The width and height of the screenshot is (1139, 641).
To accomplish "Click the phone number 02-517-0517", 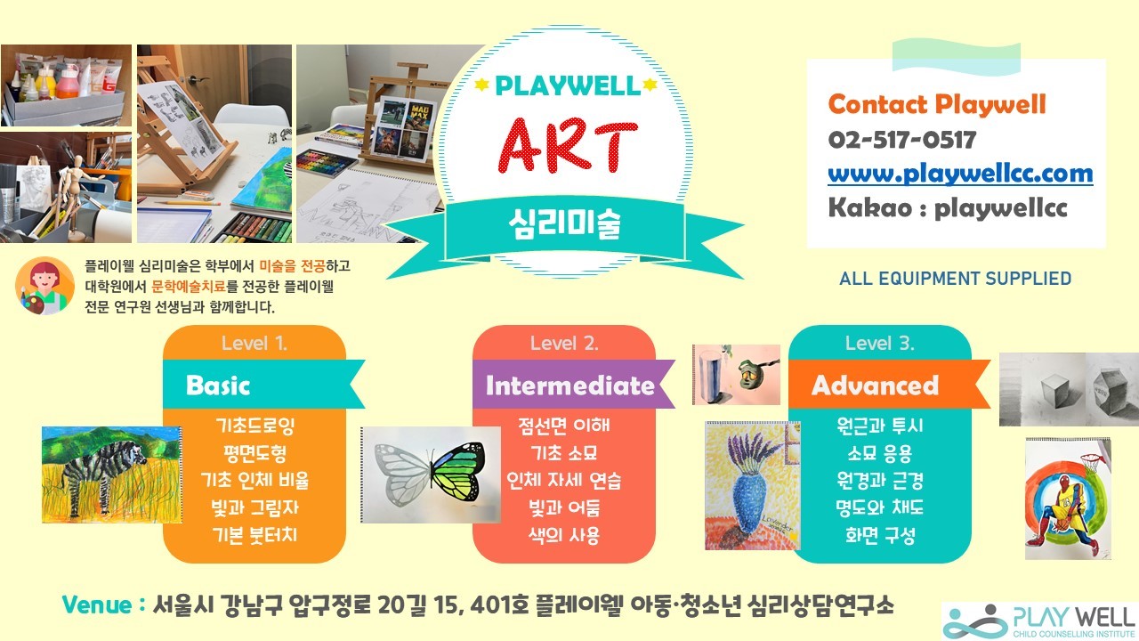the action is click(x=902, y=140).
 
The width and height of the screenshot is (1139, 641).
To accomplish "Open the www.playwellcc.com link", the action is click(x=960, y=174).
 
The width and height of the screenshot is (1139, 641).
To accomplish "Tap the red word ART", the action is click(x=568, y=145).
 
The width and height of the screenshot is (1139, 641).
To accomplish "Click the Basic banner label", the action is click(x=218, y=385).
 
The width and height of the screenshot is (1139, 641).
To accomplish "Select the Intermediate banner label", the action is click(x=570, y=385).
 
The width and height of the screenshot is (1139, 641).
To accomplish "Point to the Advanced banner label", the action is click(x=875, y=385).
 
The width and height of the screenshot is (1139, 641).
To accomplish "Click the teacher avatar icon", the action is click(x=44, y=286).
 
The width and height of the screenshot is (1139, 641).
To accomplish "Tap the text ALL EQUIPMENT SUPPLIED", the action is click(x=956, y=279).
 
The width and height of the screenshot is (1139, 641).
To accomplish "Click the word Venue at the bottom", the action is click(x=97, y=604).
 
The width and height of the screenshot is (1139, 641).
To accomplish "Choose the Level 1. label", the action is click(x=254, y=344).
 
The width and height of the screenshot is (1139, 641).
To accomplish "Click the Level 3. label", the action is click(x=880, y=344).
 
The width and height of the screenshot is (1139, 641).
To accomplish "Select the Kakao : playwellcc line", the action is click(x=948, y=207).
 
